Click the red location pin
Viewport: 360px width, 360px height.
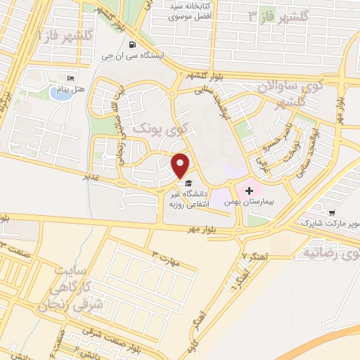pyautogui.click(x=181, y=165)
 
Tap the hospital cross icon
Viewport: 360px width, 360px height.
pyautogui.click(x=249, y=190)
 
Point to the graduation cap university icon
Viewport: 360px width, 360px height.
pyautogui.click(x=186, y=182)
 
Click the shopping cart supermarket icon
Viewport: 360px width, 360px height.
pyautogui.click(x=331, y=212)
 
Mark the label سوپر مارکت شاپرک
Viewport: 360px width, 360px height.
pyautogui.click(x=330, y=223)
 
